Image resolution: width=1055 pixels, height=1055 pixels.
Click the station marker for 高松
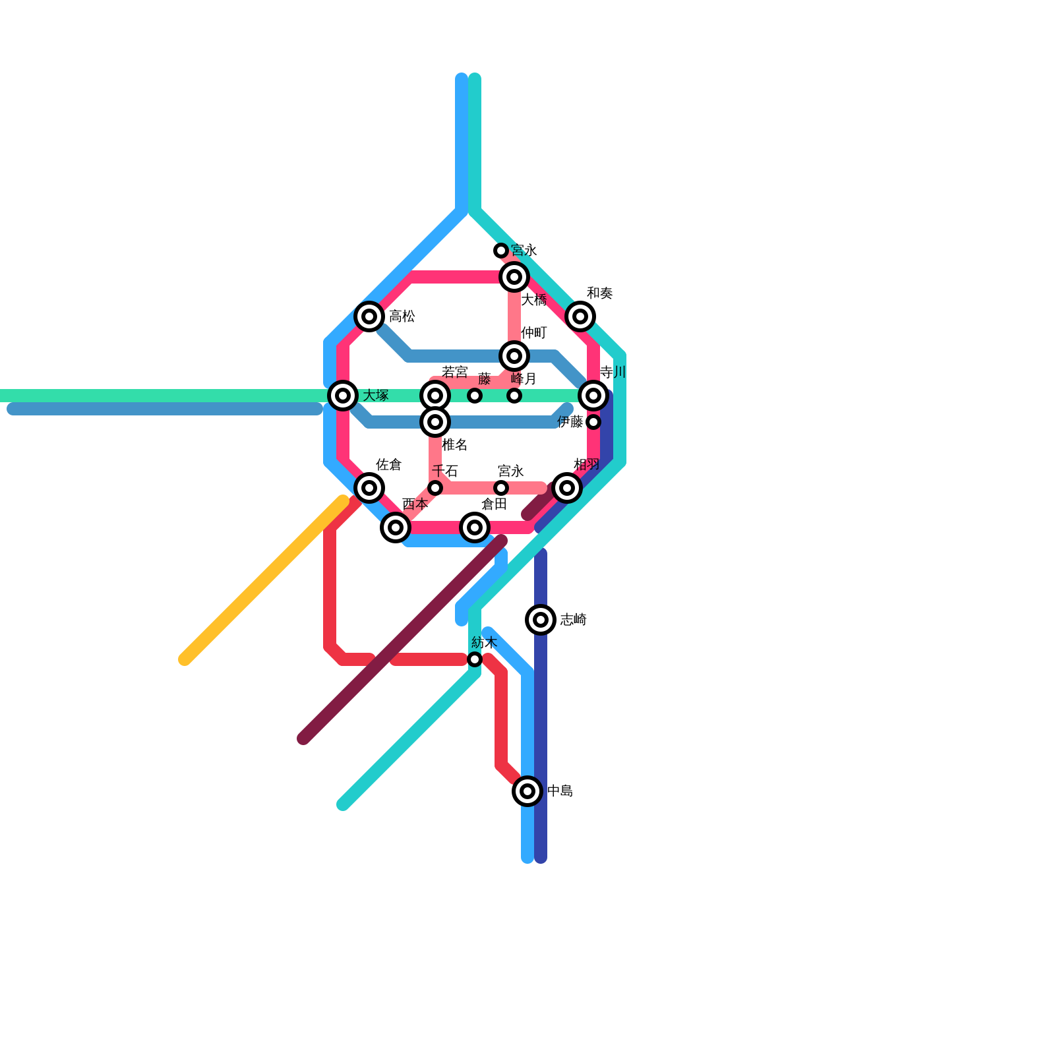(x=369, y=316)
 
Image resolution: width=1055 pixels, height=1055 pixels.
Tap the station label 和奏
(x=599, y=293)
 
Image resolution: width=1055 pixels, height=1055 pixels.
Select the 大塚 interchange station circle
(x=343, y=396)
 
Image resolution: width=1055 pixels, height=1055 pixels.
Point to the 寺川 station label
(x=613, y=373)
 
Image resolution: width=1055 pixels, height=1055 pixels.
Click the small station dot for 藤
(x=475, y=396)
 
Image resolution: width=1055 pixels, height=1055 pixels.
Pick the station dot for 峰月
(x=514, y=396)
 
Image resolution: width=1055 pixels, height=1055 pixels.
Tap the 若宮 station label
(x=454, y=373)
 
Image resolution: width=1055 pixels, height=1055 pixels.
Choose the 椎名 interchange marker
(x=435, y=422)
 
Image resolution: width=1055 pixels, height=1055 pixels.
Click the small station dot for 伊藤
(x=593, y=422)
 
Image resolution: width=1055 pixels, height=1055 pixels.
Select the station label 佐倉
(x=388, y=465)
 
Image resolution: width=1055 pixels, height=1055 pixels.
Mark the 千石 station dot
(x=435, y=488)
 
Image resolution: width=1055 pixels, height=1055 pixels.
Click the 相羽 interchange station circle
(x=567, y=488)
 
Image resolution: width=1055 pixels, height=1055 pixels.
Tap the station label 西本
(x=415, y=504)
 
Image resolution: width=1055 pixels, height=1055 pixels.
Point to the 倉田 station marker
(x=475, y=527)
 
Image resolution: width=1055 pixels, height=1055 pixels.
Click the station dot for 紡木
(x=475, y=659)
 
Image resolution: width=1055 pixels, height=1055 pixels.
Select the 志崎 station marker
(x=541, y=620)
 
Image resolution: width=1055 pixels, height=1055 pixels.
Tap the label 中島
(x=560, y=791)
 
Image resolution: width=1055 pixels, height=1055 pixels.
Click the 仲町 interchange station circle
(x=514, y=356)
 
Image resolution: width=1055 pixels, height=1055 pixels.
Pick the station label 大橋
(x=533, y=301)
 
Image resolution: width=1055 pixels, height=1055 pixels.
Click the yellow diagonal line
(x=264, y=580)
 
